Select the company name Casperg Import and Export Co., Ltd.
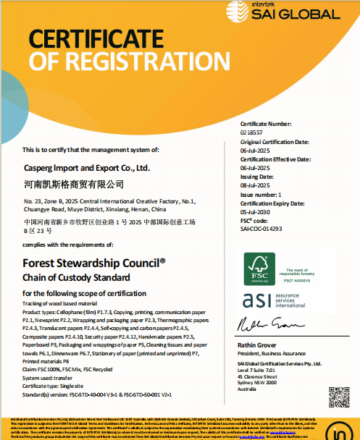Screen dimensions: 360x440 (x=86, y=168)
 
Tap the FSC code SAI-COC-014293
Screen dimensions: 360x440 (x=261, y=228)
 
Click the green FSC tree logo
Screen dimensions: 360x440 (x=255, y=267)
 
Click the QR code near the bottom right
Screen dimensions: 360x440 (x=337, y=395)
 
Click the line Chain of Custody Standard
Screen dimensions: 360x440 (x=76, y=277)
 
